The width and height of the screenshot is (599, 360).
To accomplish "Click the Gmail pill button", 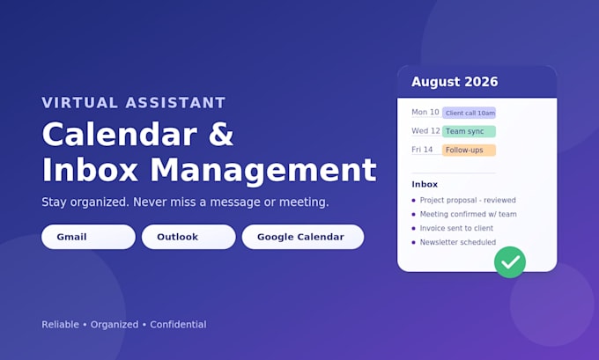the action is [88, 237].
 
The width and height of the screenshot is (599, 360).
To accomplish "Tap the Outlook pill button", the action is [189, 237].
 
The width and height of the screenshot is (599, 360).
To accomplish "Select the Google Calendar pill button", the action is [303, 237].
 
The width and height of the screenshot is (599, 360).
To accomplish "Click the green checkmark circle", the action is [510, 262].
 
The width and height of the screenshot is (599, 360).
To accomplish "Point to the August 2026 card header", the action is [477, 82].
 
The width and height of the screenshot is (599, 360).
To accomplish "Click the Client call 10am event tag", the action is [470, 113].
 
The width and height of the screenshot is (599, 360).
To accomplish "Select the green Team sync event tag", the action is [470, 131].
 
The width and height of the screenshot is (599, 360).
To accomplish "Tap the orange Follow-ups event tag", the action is [470, 150].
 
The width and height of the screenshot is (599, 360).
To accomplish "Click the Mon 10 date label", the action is [425, 113].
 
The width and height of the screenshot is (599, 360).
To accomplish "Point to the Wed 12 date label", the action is [425, 131].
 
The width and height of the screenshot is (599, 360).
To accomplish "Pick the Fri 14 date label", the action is [422, 150].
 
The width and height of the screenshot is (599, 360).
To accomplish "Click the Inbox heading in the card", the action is [425, 184].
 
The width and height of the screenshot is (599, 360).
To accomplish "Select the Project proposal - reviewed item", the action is [468, 200].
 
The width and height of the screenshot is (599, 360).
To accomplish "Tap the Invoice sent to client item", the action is [456, 228].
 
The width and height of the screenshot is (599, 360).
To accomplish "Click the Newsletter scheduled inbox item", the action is [458, 242].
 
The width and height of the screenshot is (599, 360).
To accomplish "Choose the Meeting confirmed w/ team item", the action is [468, 214].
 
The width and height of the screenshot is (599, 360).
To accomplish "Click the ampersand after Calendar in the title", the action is [221, 135].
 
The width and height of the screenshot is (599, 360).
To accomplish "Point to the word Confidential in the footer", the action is [178, 325].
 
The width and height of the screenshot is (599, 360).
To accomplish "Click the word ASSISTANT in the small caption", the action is [175, 103].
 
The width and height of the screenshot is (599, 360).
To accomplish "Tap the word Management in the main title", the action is [263, 170].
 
